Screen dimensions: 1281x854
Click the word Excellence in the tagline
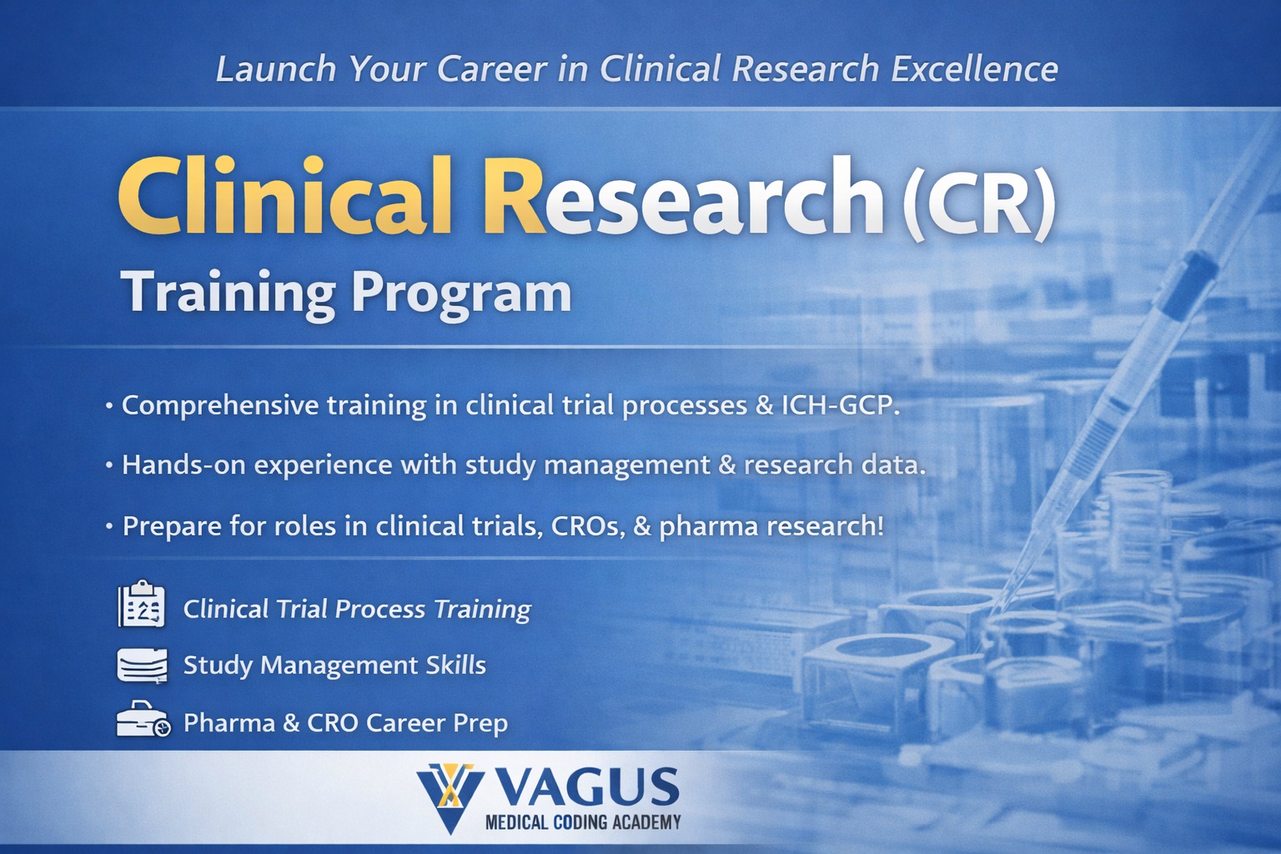pyautogui.click(x=974, y=69)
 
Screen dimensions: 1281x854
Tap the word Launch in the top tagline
pyautogui.click(x=276, y=69)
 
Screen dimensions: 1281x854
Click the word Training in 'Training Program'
pyautogui.click(x=229, y=294)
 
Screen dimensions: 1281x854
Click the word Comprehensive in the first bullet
pyautogui.click(x=220, y=406)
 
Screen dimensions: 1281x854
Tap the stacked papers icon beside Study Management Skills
pyautogui.click(x=143, y=665)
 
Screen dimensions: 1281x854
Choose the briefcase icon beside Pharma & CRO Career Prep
pyautogui.click(x=143, y=719)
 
